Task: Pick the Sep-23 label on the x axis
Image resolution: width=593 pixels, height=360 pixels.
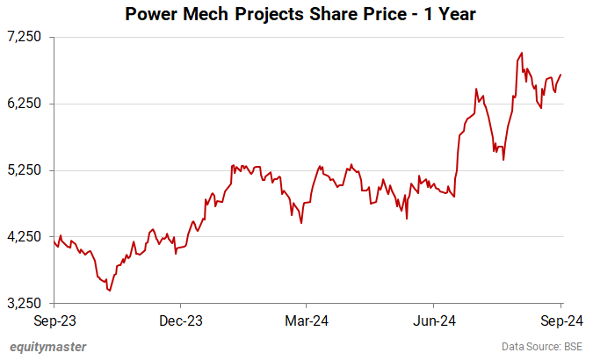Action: tap(54, 320)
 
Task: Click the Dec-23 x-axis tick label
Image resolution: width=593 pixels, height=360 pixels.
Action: tap(182, 320)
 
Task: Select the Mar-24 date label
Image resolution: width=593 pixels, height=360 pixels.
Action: tap(308, 320)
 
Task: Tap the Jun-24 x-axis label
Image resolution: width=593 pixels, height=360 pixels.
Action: tap(435, 320)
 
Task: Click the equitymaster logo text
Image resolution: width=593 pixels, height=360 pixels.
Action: tap(49, 347)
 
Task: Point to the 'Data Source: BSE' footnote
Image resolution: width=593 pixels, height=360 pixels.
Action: tap(543, 347)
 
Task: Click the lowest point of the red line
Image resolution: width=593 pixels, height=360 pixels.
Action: tap(109, 291)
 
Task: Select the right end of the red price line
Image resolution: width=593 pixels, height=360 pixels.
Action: tap(561, 75)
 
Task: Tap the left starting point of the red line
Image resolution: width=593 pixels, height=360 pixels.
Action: tap(54, 241)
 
